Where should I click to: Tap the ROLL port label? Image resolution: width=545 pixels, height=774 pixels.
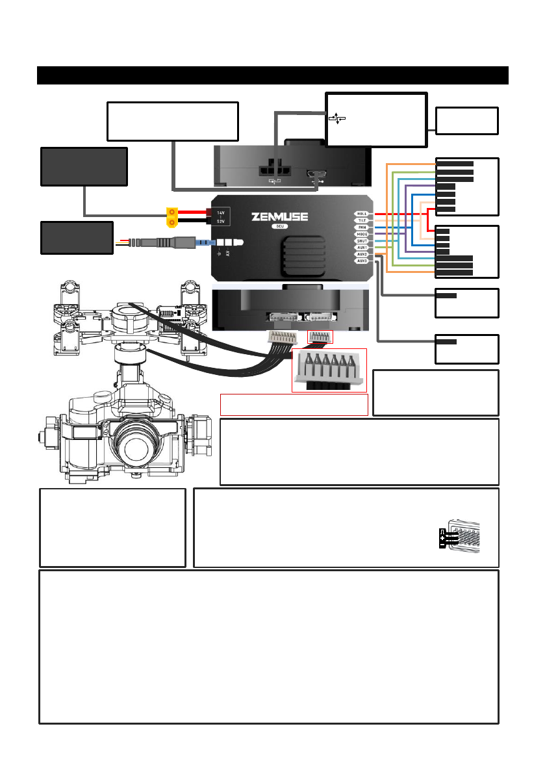pos(362,213)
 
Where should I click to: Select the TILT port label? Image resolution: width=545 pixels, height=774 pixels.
pos(362,221)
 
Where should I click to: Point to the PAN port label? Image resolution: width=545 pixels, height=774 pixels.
pos(362,227)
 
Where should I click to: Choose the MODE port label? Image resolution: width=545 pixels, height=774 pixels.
pos(362,234)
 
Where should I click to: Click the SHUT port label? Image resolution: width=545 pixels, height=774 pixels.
pos(362,240)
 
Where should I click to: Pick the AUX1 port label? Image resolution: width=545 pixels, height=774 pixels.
pos(362,248)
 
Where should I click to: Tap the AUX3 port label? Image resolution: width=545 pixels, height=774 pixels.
pos(362,261)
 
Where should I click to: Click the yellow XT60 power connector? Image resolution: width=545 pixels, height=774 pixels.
pos(173,218)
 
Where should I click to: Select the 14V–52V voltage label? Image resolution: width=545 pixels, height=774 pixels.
pos(221,216)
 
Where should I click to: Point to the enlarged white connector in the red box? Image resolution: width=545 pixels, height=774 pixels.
pos(329,369)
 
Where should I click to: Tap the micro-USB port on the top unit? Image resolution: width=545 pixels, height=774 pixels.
pos(316,175)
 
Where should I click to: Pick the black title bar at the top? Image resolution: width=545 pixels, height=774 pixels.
pos(272,75)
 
